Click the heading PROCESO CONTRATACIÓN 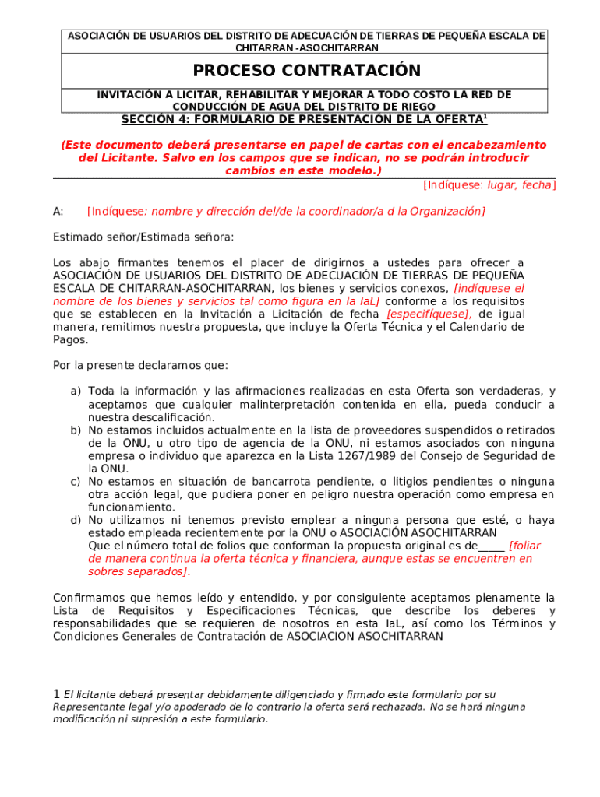pos(306,71)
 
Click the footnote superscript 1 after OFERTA pos(485,116)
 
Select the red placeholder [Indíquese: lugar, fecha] pos(489,184)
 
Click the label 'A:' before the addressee pos(58,211)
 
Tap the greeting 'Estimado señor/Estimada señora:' pos(143,237)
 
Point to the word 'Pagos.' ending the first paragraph pos(70,339)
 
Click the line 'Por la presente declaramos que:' pos(140,365)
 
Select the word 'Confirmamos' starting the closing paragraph pos(87,598)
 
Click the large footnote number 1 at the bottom pos(56,693)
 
